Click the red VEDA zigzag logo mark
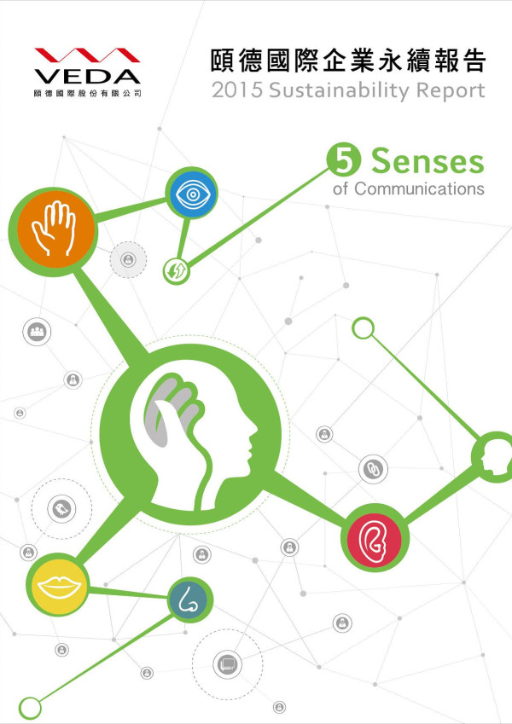pyautogui.click(x=87, y=55)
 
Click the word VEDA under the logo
pyautogui.click(x=87, y=76)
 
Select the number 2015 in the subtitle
pyautogui.click(x=237, y=90)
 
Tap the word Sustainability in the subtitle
pyautogui.click(x=339, y=90)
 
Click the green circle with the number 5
pyautogui.click(x=343, y=159)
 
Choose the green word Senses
pyautogui.click(x=428, y=162)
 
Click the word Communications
pyautogui.click(x=419, y=188)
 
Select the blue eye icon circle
pyautogui.click(x=191, y=193)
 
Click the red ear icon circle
pyautogui.click(x=375, y=538)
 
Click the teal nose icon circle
pyautogui.click(x=189, y=599)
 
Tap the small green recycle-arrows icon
pyautogui.click(x=177, y=271)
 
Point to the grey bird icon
pyautogui.click(x=61, y=509)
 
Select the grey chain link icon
pyautogui.click(x=373, y=469)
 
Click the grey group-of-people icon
pyautogui.click(x=37, y=332)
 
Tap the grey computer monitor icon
pyautogui.click(x=227, y=664)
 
